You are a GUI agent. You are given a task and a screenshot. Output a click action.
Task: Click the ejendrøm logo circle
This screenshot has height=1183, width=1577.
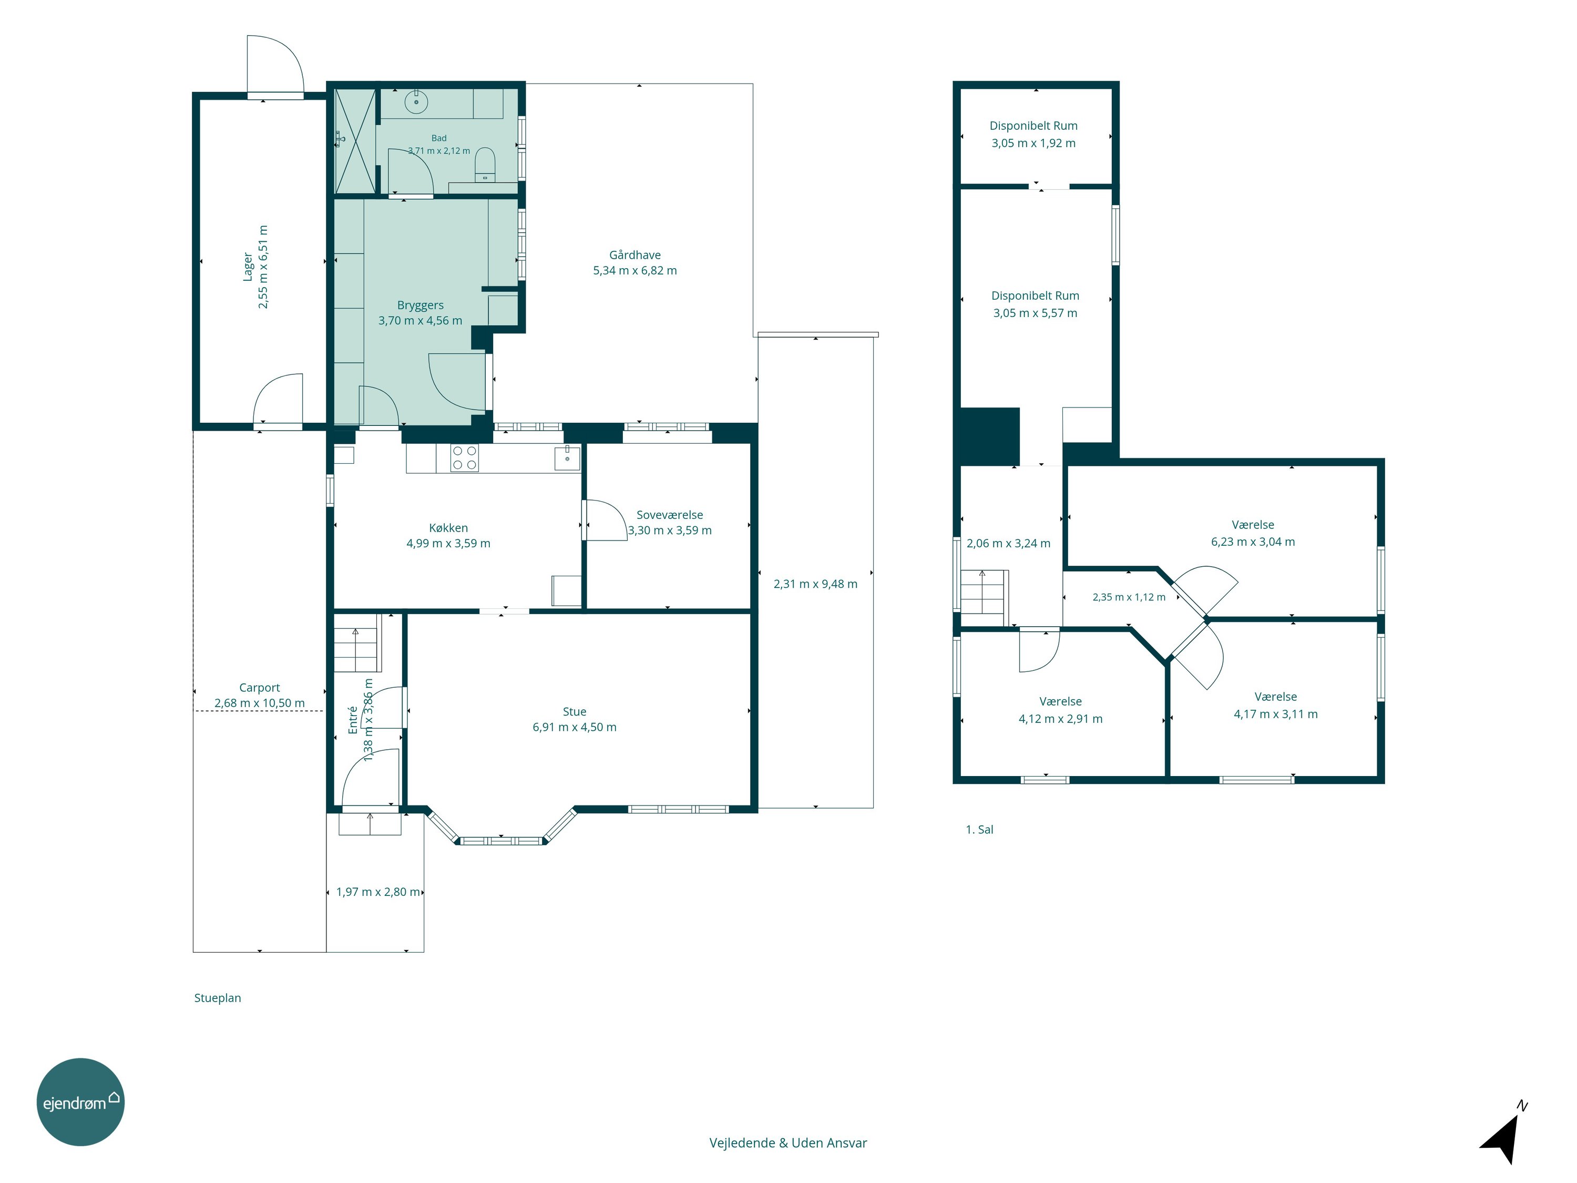pyautogui.click(x=80, y=1102)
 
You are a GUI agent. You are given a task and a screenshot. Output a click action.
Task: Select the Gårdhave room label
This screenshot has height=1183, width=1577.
pyautogui.click(x=634, y=254)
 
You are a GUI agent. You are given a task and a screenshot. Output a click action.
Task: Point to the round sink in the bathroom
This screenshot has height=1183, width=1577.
pyautogui.click(x=416, y=102)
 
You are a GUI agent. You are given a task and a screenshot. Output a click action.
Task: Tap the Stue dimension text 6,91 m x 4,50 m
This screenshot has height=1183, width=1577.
pyautogui.click(x=575, y=727)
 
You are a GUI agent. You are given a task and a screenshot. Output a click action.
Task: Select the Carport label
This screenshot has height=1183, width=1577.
pyautogui.click(x=260, y=687)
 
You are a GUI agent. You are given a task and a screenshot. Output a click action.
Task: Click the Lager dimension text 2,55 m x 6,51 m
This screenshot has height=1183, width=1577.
pyautogui.click(x=263, y=267)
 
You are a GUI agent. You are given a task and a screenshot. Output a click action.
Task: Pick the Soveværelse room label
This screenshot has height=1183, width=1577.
pyautogui.click(x=670, y=515)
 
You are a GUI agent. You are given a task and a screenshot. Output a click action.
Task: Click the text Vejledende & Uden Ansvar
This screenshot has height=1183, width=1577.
pyautogui.click(x=788, y=1143)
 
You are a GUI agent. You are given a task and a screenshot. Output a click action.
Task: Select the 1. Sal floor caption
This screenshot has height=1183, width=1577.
pyautogui.click(x=979, y=829)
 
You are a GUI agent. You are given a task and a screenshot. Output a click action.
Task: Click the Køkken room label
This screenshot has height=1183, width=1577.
pyautogui.click(x=448, y=528)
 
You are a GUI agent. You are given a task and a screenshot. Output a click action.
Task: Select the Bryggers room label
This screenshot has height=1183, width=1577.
pyautogui.click(x=420, y=305)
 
